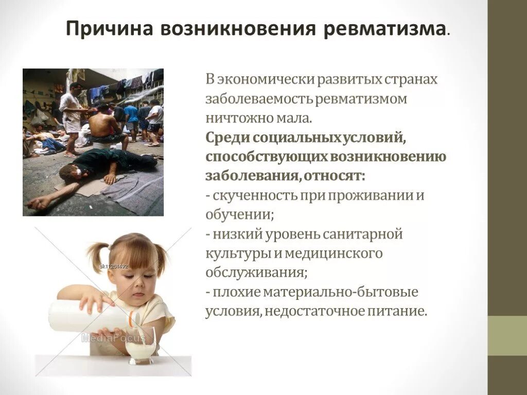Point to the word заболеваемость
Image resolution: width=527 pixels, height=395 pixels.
[259, 99]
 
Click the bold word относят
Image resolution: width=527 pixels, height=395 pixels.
[335, 175]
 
